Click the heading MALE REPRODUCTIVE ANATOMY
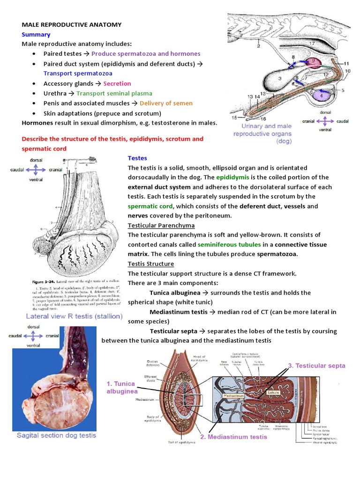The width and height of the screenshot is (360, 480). [72, 24]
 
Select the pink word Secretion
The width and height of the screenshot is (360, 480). [117, 83]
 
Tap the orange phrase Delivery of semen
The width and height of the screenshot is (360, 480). [166, 103]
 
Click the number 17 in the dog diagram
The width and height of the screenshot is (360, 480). [312, 43]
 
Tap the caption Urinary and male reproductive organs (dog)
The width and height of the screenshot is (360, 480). [266, 133]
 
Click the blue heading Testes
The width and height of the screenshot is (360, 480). [137, 158]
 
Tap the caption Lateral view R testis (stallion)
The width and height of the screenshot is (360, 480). [74, 316]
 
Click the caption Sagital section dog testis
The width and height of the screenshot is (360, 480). [56, 435]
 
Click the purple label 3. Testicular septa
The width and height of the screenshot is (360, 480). [316, 366]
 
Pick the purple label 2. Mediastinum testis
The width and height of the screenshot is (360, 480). [233, 437]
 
